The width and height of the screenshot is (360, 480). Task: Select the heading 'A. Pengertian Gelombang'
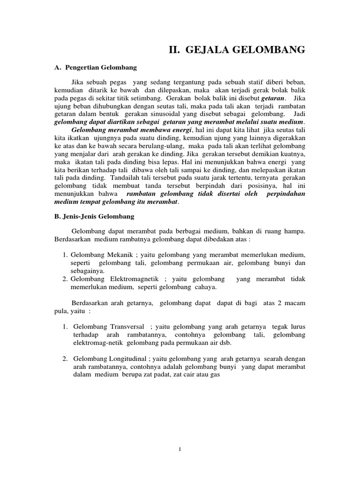pyautogui.click(x=96, y=68)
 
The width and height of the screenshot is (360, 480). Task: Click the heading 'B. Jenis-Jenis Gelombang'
pyautogui.click(x=94, y=217)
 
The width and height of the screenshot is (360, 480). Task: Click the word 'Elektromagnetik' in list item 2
pyautogui.click(x=127, y=279)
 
